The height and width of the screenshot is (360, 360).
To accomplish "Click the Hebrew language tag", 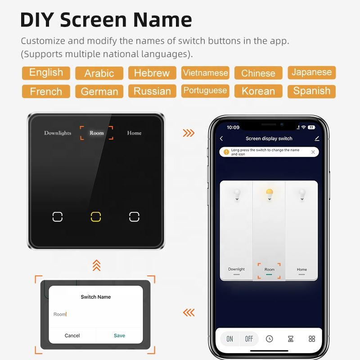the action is [152, 73].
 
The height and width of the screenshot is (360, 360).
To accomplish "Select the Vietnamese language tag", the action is [205, 73].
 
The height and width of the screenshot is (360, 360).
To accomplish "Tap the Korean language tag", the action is [258, 91].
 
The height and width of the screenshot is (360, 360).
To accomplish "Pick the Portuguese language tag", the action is [205, 91].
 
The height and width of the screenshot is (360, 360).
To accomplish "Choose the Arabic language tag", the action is [99, 73].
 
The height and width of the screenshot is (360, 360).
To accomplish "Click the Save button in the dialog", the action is [119, 335].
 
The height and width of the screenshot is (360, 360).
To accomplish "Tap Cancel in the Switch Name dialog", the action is [72, 335].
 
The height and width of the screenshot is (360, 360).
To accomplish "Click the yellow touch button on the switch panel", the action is [96, 217].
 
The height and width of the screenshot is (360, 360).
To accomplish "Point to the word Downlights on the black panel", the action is [58, 133].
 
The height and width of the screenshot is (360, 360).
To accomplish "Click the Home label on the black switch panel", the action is [134, 133].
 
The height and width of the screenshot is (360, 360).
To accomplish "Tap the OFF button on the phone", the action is [249, 339].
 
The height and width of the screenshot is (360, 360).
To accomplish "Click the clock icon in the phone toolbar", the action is [269, 339].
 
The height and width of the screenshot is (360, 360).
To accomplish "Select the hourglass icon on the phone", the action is [291, 339].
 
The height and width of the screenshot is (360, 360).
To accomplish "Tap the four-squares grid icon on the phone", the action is [312, 339].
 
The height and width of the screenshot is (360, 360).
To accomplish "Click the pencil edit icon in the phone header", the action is [317, 139].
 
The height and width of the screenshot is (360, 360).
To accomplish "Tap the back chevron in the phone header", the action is [221, 139].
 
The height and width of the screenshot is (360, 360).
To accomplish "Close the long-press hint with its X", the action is [313, 152].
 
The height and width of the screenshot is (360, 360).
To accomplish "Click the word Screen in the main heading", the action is [93, 20].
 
